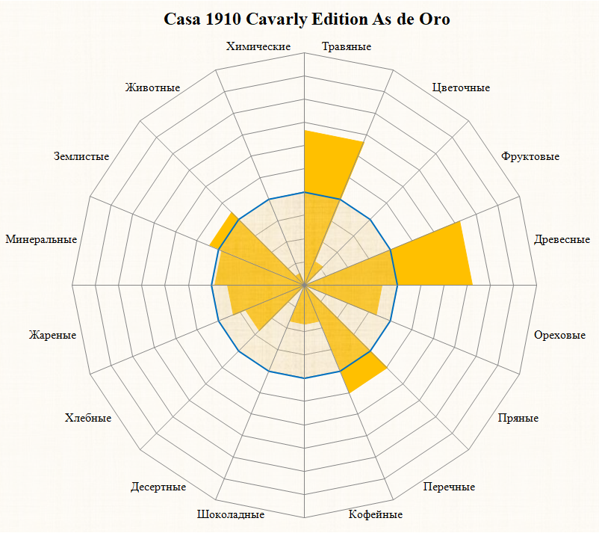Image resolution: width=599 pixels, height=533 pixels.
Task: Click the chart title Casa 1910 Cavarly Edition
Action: click(306, 19)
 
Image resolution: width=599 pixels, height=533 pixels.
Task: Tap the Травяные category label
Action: click(347, 46)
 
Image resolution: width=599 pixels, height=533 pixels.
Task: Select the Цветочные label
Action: click(461, 87)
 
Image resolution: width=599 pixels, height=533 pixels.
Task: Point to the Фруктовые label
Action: click(530, 156)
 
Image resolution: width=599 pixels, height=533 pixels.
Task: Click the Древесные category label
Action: click(562, 239)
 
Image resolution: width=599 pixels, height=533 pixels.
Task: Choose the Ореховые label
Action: click(559, 334)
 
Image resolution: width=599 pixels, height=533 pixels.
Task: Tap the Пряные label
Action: click(518, 418)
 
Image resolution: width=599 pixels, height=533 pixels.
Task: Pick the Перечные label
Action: click(449, 487)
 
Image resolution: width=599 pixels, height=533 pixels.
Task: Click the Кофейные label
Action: click(376, 514)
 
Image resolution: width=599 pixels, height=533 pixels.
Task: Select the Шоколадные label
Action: click(231, 514)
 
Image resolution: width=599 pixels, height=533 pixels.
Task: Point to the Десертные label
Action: click(158, 487)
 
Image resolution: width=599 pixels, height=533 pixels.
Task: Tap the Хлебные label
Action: click(88, 418)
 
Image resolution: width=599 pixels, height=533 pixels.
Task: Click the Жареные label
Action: click(52, 334)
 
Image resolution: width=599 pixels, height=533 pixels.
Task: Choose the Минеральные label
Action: click(41, 239)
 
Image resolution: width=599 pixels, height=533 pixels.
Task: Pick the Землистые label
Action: click(81, 156)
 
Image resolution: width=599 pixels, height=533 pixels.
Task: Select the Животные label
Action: click(153, 87)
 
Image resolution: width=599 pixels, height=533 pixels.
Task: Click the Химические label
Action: click(258, 46)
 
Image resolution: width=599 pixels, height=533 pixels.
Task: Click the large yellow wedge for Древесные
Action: click(433, 258)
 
